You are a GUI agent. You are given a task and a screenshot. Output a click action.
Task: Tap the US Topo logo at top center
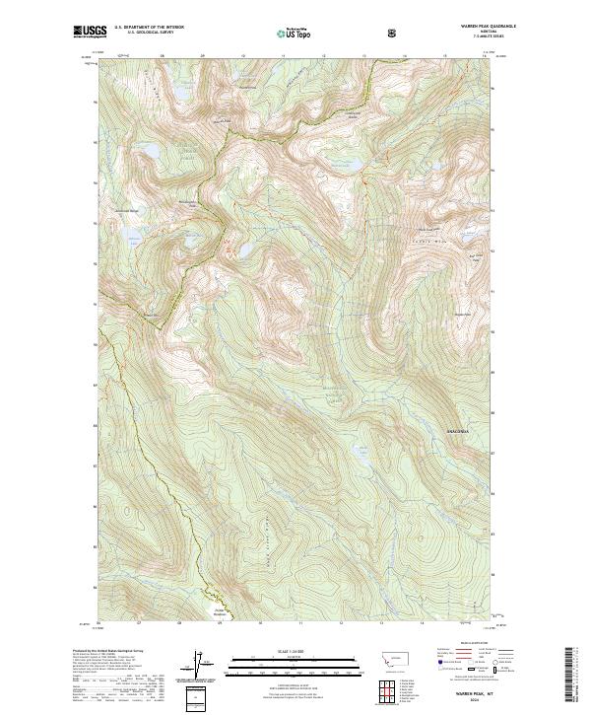tap(295, 33)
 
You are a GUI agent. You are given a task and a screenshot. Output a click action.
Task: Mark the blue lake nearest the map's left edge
tap(129, 236)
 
